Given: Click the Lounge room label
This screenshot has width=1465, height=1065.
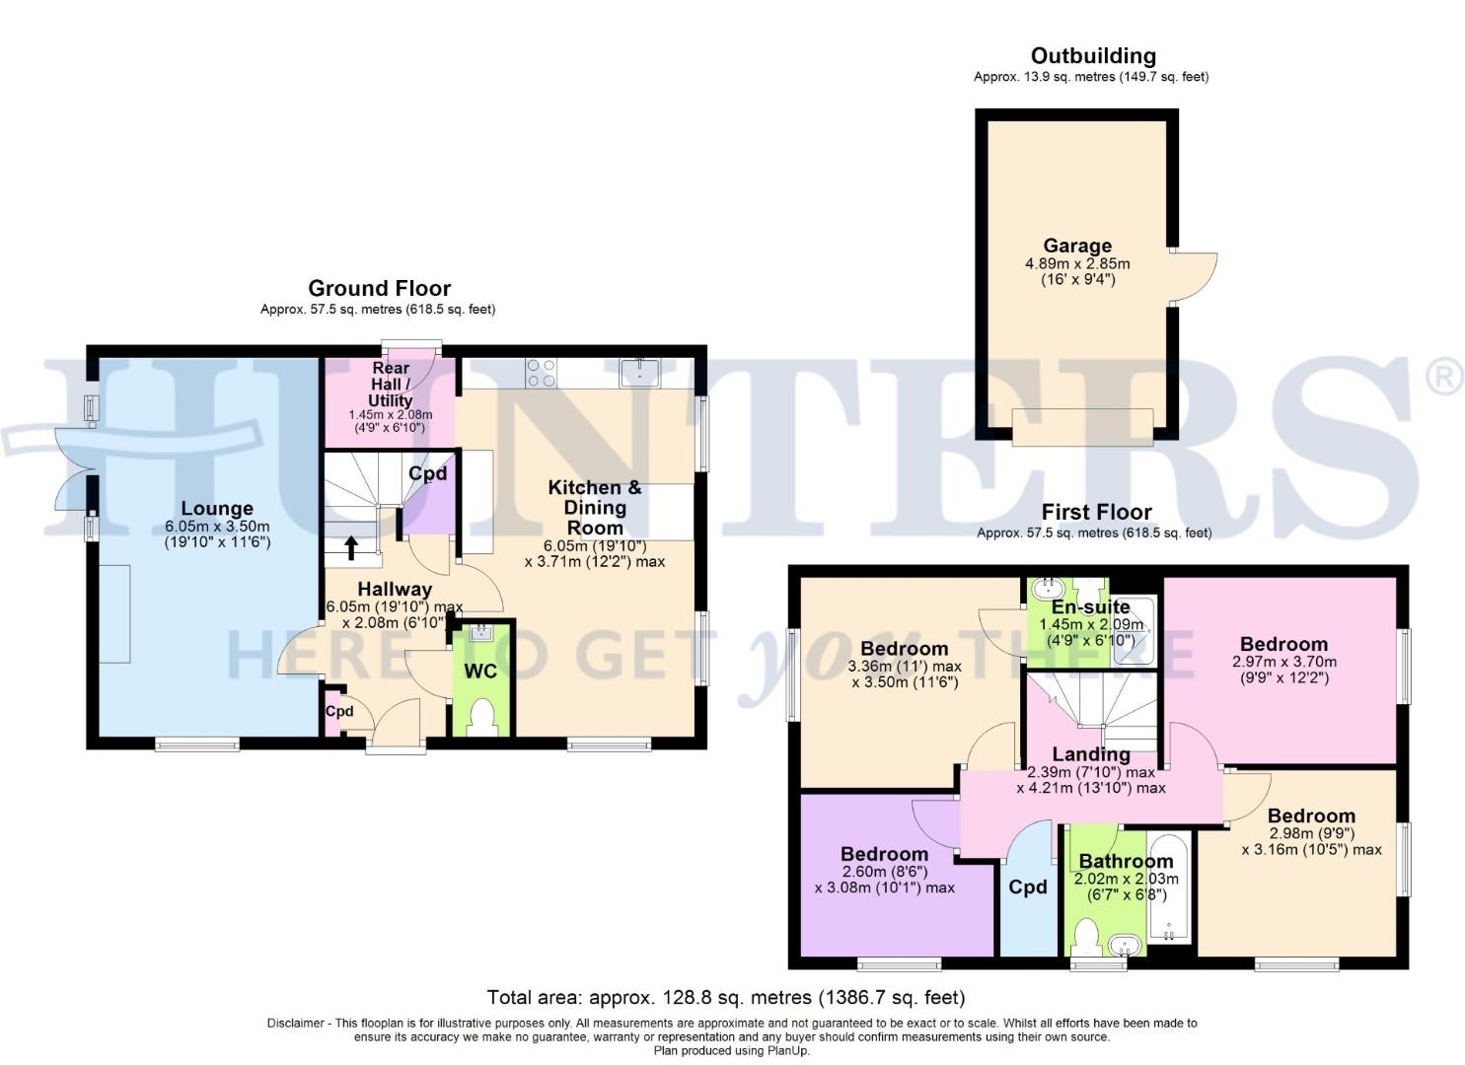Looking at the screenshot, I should (x=216, y=509).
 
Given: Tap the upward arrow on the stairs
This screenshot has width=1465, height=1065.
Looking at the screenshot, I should (x=351, y=547).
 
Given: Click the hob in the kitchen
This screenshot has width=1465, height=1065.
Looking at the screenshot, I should (x=541, y=372).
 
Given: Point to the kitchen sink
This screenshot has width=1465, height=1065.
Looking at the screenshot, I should (x=640, y=372).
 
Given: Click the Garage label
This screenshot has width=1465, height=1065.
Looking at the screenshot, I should (x=1077, y=246).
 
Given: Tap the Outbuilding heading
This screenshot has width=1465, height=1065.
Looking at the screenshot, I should (x=1092, y=56).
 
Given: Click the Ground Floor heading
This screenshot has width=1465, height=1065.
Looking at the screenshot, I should (x=379, y=288).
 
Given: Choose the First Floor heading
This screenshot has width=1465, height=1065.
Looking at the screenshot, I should (x=1096, y=512).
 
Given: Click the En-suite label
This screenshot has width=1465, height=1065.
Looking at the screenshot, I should (x=1090, y=606).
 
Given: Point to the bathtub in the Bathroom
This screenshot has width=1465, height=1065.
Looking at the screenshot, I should (x=1169, y=887).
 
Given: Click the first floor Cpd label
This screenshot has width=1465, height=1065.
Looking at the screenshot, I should (x=1027, y=887).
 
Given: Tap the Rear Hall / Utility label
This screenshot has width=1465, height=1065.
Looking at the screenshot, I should (x=390, y=384).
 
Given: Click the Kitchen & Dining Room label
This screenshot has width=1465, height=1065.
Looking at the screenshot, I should (x=594, y=507).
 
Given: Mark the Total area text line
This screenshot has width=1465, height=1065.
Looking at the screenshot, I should (x=726, y=997).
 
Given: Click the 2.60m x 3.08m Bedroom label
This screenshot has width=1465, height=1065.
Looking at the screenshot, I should (x=884, y=854).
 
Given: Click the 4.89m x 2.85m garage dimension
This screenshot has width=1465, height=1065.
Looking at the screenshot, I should (x=1077, y=264).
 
